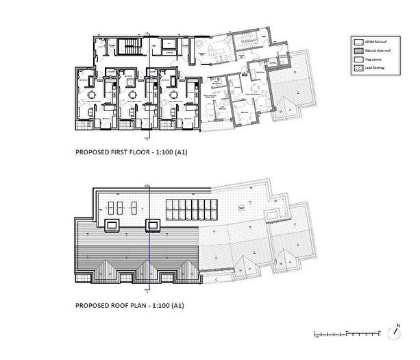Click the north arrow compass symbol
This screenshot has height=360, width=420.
(x=395, y=334)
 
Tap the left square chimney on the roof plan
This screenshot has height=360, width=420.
(x=112, y=224)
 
